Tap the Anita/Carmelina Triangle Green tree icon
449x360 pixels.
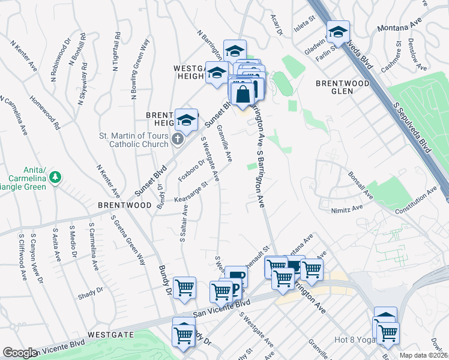(55, 177)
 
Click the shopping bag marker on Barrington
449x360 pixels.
(243, 95)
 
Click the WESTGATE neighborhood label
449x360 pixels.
(110, 333)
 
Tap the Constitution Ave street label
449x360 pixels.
(415, 202)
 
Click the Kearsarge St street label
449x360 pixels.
(190, 193)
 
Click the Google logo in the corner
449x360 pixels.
(19, 352)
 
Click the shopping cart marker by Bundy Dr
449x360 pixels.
(184, 287)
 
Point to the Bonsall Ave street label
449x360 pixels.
(361, 186)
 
